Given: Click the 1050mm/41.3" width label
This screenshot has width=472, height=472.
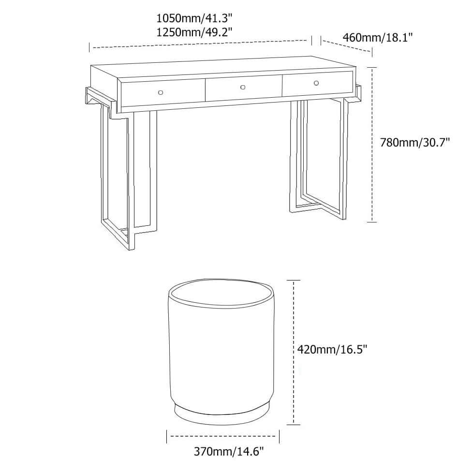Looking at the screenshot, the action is pos(194,19).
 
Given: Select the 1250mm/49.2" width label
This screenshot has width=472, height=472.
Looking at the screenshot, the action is pos(194,32).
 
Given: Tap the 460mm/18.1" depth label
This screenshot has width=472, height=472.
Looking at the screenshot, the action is pos(378,37).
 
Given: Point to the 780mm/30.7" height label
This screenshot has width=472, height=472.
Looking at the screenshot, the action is pos(415,142).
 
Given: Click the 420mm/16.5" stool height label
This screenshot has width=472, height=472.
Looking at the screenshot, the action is pos(332,349).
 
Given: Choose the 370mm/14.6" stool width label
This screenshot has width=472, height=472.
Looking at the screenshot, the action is pos(228,452).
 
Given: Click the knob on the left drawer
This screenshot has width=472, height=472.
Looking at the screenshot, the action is pos(161,92).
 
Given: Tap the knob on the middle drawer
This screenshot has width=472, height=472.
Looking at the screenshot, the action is pos(243,88).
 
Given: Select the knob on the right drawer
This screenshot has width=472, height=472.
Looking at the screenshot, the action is pos(316,83).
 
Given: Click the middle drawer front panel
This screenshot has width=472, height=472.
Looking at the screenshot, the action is pos(244,88).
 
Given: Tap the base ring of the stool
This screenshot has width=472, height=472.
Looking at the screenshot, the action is pos(221,417).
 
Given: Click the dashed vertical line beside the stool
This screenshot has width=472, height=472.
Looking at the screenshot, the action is pos(294,352).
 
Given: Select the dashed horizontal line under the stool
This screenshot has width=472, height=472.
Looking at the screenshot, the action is pos(223,436).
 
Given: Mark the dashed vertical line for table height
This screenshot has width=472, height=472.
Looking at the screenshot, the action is pos(373,145).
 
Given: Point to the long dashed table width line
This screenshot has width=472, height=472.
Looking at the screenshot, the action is pos(200,44).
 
